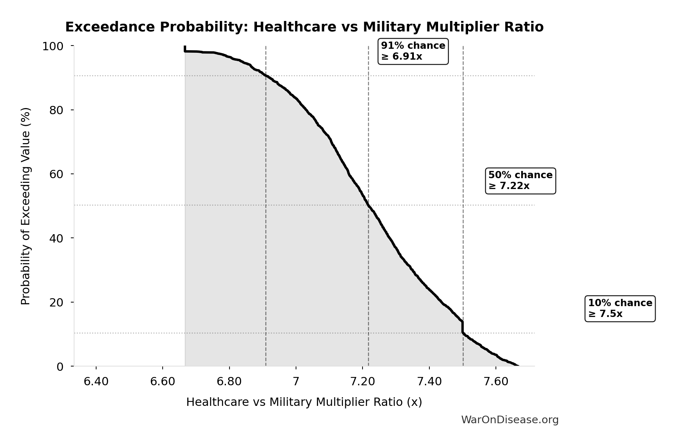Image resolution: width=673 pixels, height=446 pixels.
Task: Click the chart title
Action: [x=304, y=27]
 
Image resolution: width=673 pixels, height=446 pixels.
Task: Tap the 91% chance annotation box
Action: [x=413, y=51]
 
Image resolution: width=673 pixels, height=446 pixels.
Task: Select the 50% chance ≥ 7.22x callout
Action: [x=520, y=181]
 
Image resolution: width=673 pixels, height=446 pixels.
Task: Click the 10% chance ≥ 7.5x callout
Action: [x=620, y=308]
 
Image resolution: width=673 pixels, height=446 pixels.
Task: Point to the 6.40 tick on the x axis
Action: [x=96, y=382]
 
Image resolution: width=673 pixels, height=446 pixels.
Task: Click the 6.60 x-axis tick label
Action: [x=163, y=382]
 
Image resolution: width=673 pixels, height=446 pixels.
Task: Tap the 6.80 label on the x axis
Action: [x=229, y=382]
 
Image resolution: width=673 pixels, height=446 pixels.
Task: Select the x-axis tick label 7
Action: [x=296, y=382]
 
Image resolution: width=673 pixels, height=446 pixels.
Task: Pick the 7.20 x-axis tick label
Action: [x=363, y=382]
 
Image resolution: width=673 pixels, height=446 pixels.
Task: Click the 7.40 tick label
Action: [x=429, y=382]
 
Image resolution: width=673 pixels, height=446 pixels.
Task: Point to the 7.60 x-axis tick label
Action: [x=496, y=382]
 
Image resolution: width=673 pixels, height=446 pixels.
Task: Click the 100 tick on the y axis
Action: [x=53, y=46]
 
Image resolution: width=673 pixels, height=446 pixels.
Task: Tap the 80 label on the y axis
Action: [x=56, y=110]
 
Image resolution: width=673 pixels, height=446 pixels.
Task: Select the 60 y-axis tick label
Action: [x=56, y=174]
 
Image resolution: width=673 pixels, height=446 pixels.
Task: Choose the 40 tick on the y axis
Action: [x=56, y=238]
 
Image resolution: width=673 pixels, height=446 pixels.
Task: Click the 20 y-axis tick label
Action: [x=56, y=303]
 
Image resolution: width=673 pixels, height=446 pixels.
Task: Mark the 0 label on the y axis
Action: [x=60, y=367]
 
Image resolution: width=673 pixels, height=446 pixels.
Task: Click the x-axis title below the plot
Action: [x=304, y=402]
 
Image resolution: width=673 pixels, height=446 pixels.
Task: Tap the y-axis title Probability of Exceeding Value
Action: [x=26, y=206]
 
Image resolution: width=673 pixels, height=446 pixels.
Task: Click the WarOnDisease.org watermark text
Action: [x=510, y=420]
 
